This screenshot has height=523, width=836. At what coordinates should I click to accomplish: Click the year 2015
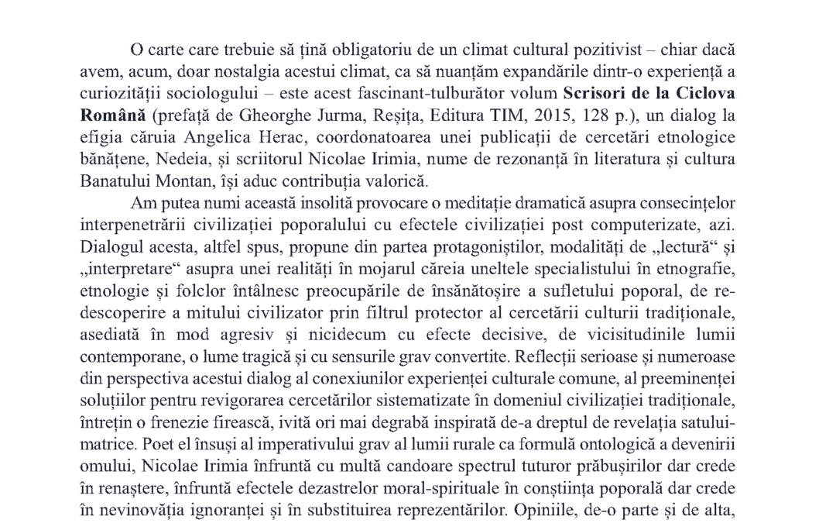[x=492, y=115]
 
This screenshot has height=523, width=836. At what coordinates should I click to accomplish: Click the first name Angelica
[x=227, y=137]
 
